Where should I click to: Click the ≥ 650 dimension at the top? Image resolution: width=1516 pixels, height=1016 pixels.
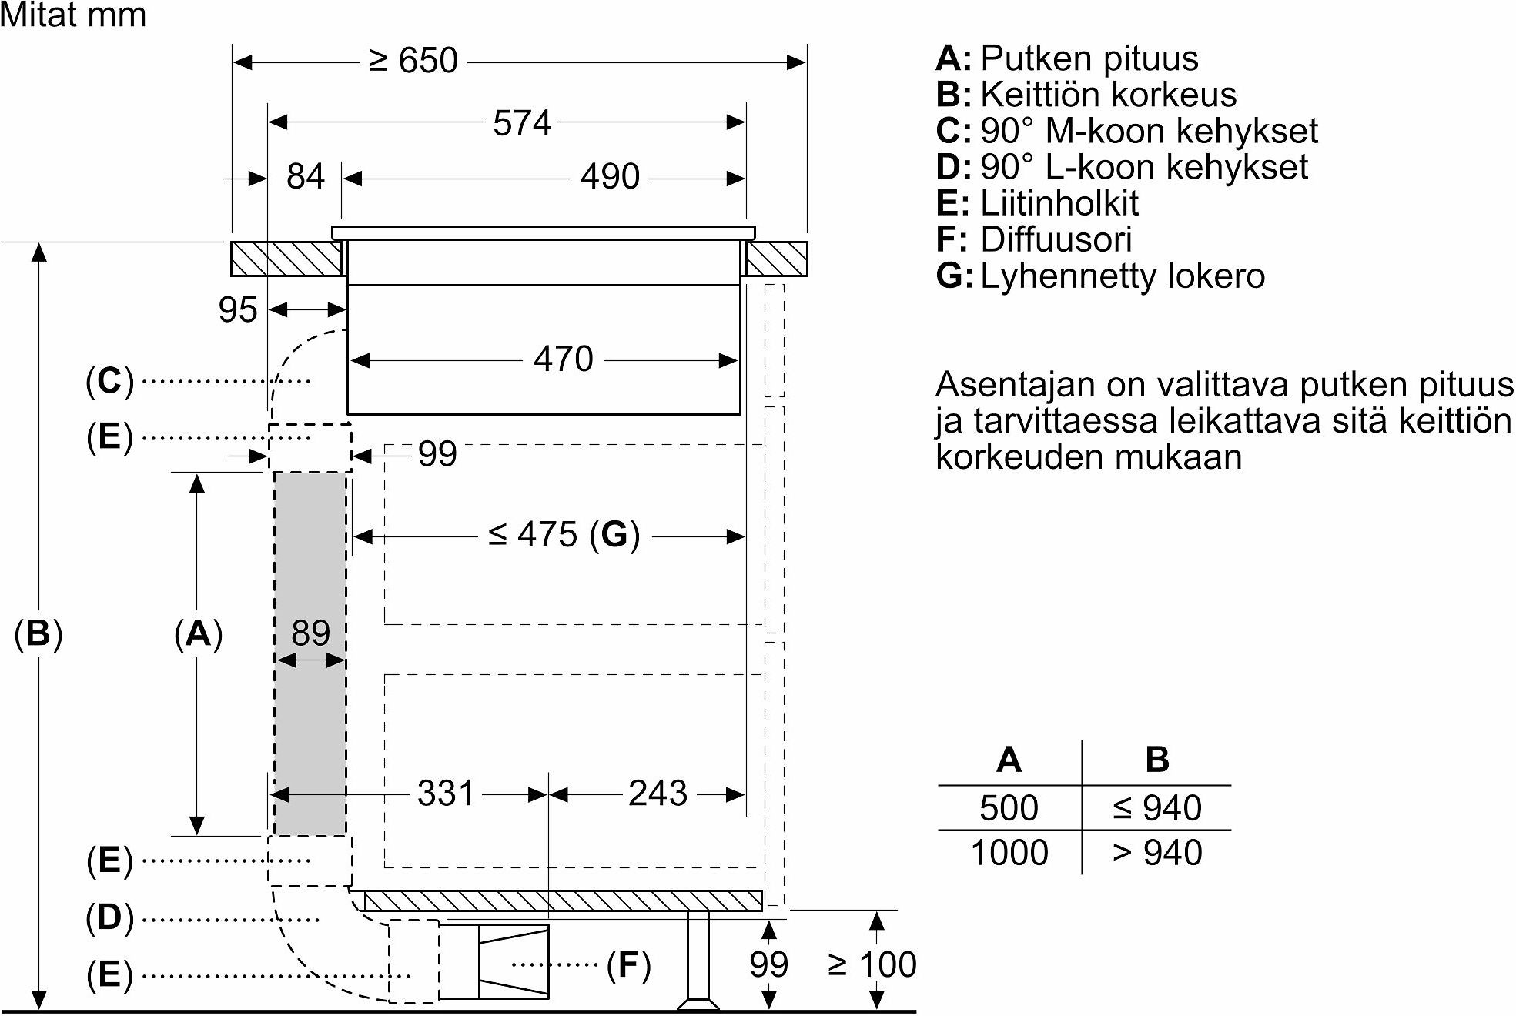(413, 60)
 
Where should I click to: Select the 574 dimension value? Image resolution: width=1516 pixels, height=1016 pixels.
(522, 123)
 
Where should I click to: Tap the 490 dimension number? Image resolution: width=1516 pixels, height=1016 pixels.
(610, 177)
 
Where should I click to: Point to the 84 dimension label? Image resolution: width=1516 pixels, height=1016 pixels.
(306, 177)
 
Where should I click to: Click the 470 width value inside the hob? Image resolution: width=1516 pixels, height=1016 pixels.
(564, 359)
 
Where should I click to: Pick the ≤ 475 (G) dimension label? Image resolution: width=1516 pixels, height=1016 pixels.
(564, 535)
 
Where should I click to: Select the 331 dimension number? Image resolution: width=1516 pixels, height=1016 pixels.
(446, 794)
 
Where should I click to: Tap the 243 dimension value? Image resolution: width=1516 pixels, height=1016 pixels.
(658, 794)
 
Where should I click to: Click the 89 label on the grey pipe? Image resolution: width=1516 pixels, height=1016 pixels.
(310, 633)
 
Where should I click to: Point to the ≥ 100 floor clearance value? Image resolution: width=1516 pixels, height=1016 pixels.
(872, 964)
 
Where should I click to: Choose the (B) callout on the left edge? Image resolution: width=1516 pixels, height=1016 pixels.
(38, 634)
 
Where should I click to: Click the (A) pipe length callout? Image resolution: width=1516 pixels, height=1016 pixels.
(198, 634)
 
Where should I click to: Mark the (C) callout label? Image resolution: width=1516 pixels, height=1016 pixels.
(109, 381)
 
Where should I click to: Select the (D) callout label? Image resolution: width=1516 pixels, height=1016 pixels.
(109, 918)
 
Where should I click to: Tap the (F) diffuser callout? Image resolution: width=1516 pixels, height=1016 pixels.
(628, 964)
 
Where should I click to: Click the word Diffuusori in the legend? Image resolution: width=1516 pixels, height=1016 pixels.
(1056, 239)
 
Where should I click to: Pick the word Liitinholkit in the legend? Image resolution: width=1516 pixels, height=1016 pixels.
(1059, 203)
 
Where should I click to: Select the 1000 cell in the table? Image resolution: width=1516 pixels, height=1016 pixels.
(1009, 853)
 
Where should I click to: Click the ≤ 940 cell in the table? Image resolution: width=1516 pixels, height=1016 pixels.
(1157, 808)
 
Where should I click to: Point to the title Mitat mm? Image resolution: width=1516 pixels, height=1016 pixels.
(73, 15)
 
